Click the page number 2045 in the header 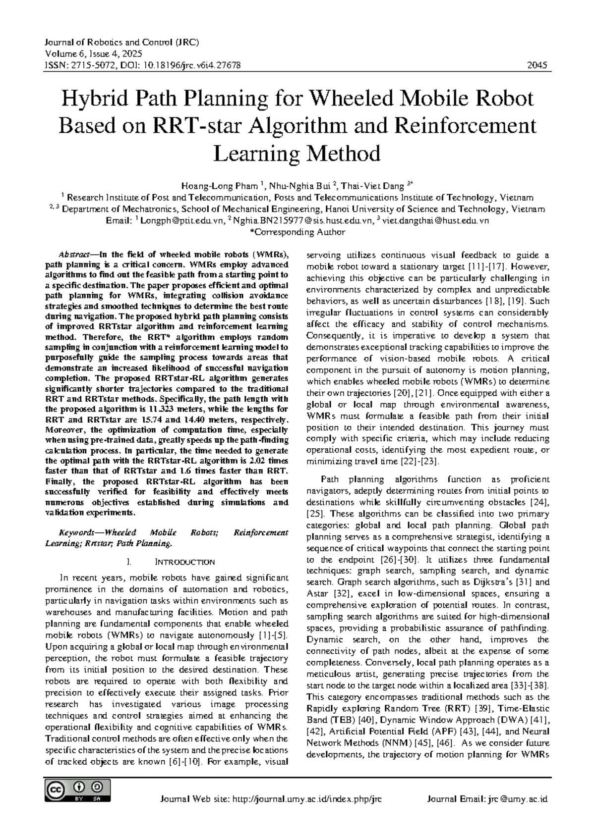537,65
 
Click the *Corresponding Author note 297,232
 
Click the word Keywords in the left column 76,532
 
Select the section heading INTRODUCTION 185,562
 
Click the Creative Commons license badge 77,791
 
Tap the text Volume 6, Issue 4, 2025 93,53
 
